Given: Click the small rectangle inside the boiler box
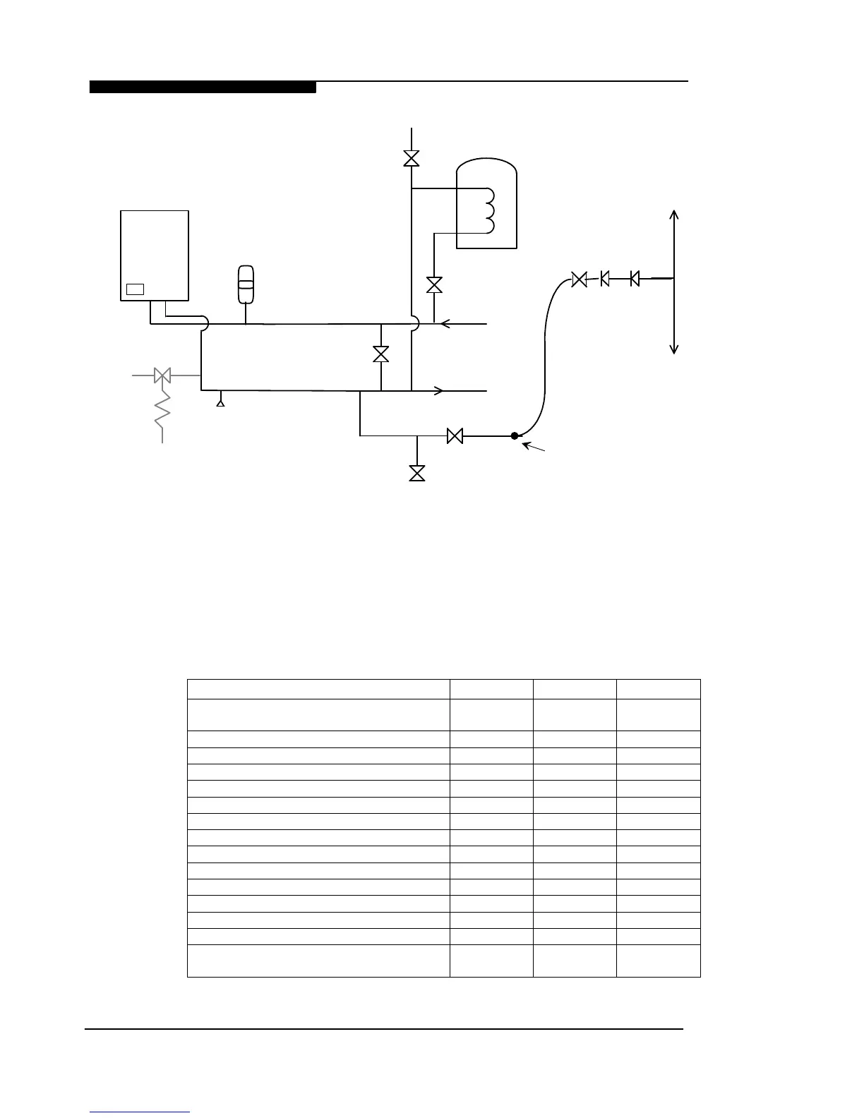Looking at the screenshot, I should tap(135, 289).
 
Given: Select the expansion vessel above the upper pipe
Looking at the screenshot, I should tap(246, 284).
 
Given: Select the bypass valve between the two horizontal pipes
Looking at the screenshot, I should tap(381, 354).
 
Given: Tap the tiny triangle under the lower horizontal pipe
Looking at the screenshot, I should tap(220, 403).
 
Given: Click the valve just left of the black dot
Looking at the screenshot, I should tap(455, 437).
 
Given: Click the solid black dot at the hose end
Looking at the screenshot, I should tap(515, 436).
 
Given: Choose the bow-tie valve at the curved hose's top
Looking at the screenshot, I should tap(579, 279).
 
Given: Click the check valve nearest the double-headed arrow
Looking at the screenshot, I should tap(635, 279).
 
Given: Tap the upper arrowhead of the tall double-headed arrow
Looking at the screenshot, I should tap(675, 215).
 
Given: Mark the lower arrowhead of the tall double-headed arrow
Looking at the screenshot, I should tap(675, 348).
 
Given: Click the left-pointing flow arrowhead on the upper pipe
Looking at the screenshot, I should tap(445, 324).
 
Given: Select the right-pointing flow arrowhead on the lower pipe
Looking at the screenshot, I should tap(438, 390).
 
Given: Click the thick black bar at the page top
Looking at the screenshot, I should tap(203, 88).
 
